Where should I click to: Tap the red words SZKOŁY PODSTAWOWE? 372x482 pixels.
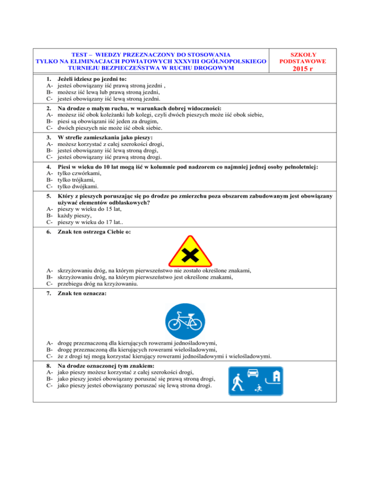coord(306,58)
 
